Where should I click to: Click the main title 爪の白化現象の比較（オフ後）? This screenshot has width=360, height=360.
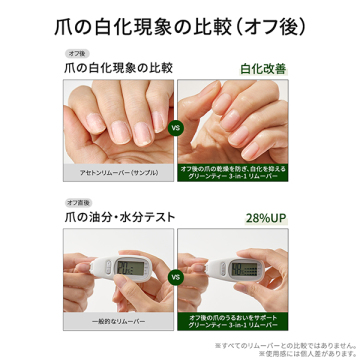180,20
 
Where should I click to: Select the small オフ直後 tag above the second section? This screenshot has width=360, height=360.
78,202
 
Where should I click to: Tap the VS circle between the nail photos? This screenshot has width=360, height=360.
177,129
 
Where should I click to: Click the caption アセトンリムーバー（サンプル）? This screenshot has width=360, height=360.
118,173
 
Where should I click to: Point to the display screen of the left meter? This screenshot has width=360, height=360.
131,268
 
